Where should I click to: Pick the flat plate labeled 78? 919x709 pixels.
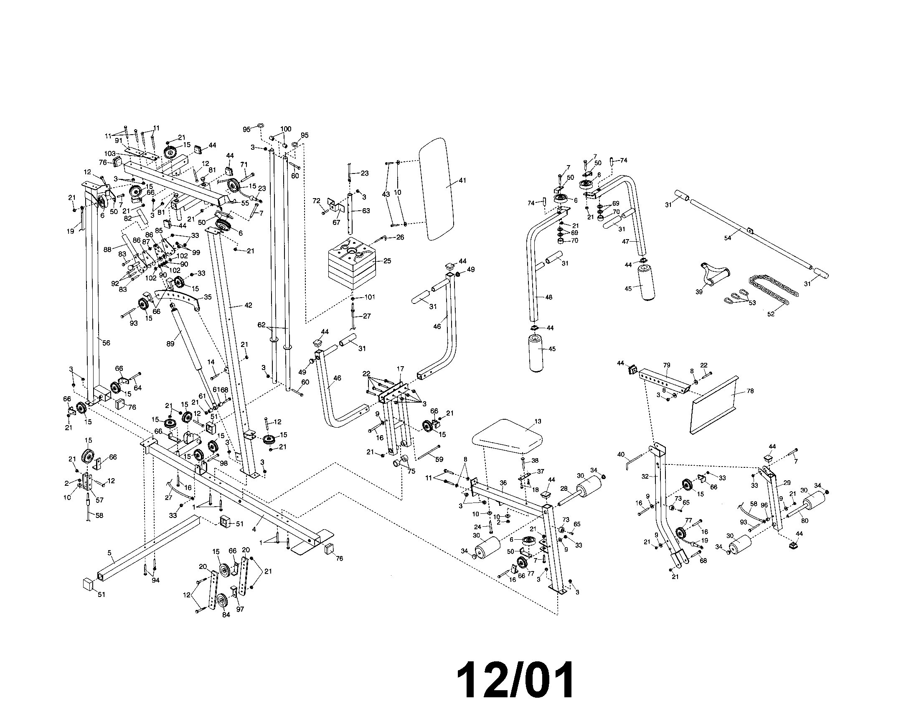pos(715,404)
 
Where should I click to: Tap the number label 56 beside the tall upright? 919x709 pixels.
pos(106,343)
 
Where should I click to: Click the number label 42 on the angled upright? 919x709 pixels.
pos(248,305)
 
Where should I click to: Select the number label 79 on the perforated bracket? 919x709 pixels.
pos(667,365)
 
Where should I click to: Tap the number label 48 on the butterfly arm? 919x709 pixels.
pos(548,297)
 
